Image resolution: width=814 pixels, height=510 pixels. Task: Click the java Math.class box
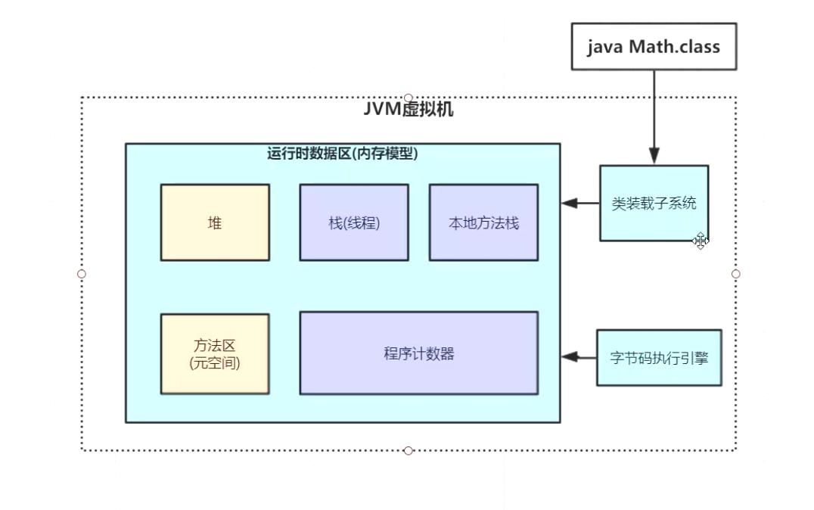pyautogui.click(x=654, y=47)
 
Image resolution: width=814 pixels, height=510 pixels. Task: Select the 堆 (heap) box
pyautogui.click(x=215, y=222)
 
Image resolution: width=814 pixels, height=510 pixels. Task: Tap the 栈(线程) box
pyautogui.click(x=354, y=222)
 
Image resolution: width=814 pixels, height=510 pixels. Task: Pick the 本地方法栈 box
pyautogui.click(x=483, y=222)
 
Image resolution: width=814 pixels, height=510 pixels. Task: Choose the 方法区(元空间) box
pyautogui.click(x=215, y=354)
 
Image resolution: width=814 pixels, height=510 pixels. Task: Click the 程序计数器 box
pyautogui.click(x=418, y=353)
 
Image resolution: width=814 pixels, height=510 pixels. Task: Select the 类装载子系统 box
pyautogui.click(x=654, y=203)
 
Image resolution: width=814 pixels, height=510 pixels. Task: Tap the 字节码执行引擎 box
pyautogui.click(x=659, y=358)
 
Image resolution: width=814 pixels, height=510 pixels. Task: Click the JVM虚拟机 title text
pyautogui.click(x=409, y=109)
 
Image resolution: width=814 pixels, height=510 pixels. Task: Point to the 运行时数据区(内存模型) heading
pyautogui.click(x=343, y=154)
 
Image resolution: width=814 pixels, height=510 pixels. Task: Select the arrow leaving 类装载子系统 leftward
pyautogui.click(x=580, y=203)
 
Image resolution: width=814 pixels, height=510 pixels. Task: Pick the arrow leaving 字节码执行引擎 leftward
pyautogui.click(x=579, y=357)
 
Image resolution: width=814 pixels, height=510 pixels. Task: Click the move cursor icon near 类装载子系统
pyautogui.click(x=701, y=241)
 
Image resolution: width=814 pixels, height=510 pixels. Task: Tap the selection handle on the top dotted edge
pyautogui.click(x=409, y=97)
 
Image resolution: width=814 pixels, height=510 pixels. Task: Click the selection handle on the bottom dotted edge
pyautogui.click(x=409, y=451)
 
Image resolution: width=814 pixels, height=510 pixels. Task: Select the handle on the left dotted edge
pyautogui.click(x=82, y=274)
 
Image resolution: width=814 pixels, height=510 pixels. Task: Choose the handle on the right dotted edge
pyautogui.click(x=735, y=274)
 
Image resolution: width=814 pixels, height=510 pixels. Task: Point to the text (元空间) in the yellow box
pyautogui.click(x=215, y=363)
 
